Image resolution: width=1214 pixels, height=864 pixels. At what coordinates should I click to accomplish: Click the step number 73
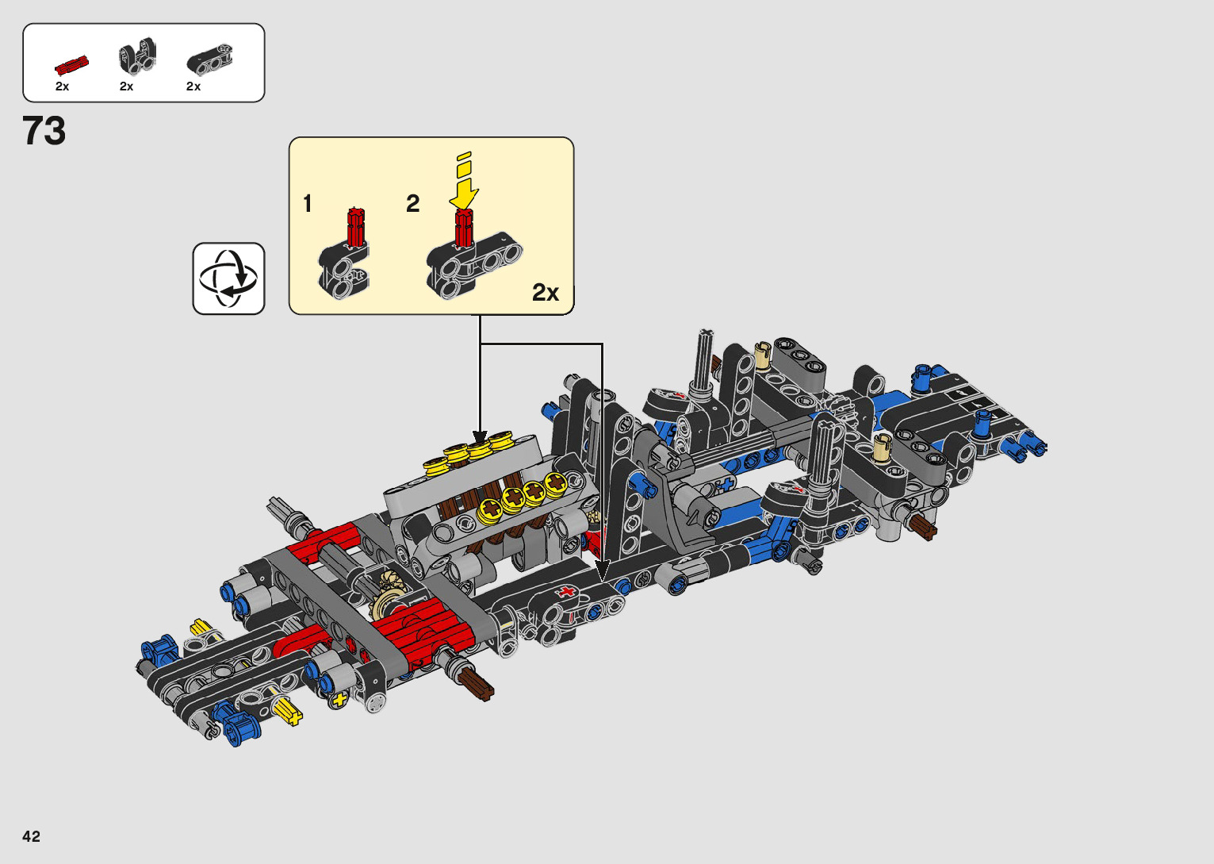click(x=44, y=131)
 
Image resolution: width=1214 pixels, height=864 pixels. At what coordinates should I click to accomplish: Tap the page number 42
click(x=32, y=836)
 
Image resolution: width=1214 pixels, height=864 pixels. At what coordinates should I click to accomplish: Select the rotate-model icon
click(x=228, y=278)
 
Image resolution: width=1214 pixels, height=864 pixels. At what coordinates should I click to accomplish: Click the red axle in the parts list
click(x=71, y=65)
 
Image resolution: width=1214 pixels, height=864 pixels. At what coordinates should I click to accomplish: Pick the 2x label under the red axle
click(x=63, y=86)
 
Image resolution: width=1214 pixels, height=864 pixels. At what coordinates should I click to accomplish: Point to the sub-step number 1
click(x=308, y=204)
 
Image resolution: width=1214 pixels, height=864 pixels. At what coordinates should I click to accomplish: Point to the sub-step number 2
click(x=413, y=204)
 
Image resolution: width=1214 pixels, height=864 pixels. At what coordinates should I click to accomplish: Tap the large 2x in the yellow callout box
click(x=546, y=292)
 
